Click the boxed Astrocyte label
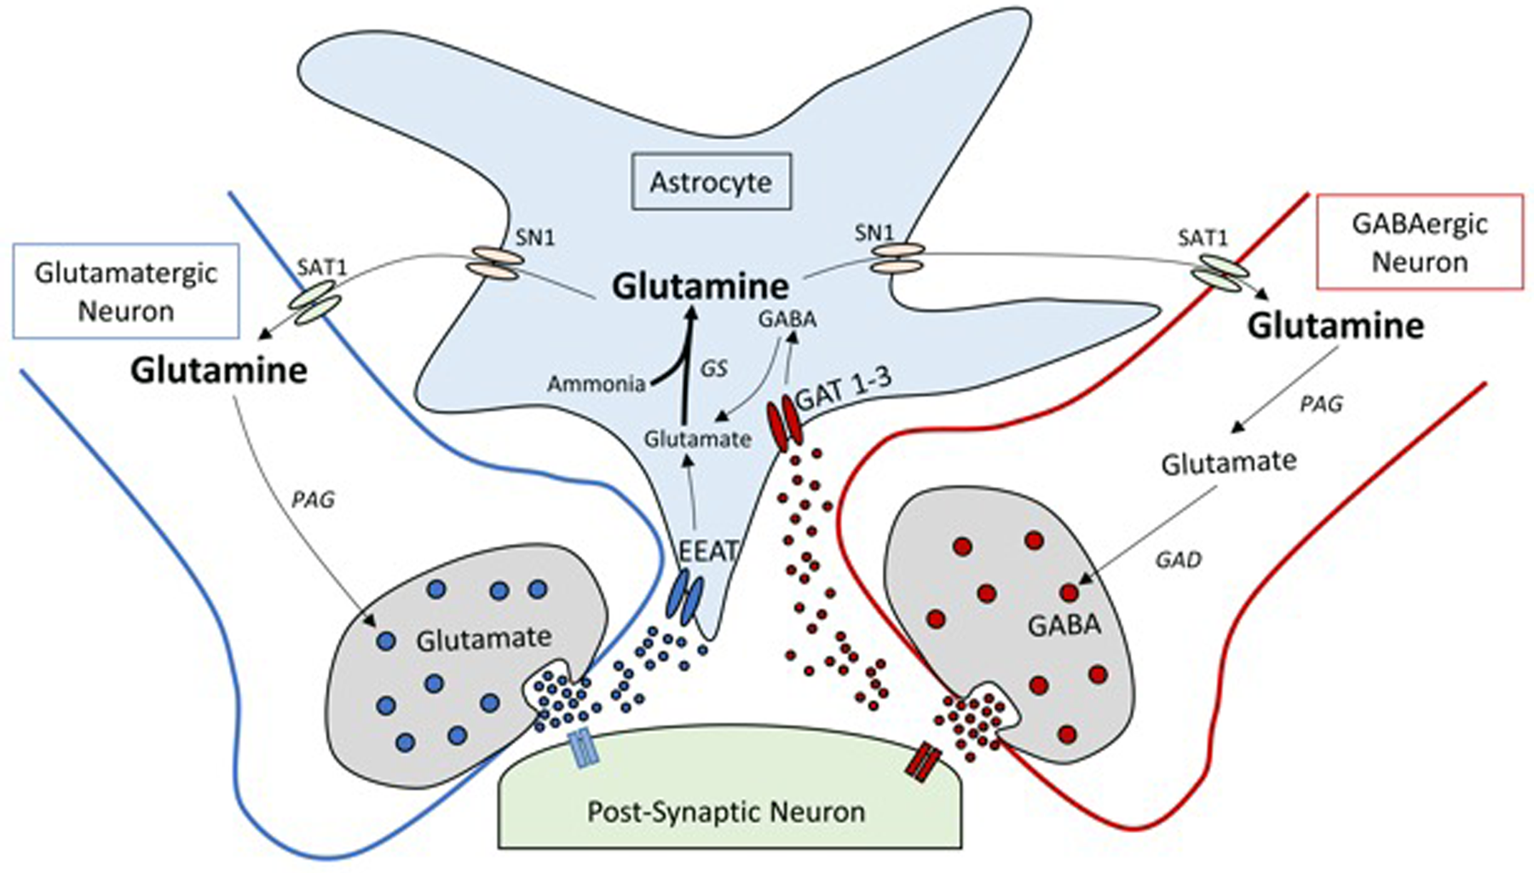[711, 182]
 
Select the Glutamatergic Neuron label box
[126, 292]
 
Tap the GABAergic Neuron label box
[1419, 242]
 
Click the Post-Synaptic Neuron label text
[726, 811]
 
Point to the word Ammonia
[596, 384]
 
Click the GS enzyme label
[713, 368]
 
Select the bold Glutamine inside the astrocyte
[701, 286]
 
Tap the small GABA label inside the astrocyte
[787, 319]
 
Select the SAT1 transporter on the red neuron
[1220, 275]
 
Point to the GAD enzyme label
[1178, 559]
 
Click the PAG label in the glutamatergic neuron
[313, 500]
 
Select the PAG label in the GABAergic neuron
[1320, 404]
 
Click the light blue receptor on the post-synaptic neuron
[583, 749]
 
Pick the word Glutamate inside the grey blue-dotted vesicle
[483, 639]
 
